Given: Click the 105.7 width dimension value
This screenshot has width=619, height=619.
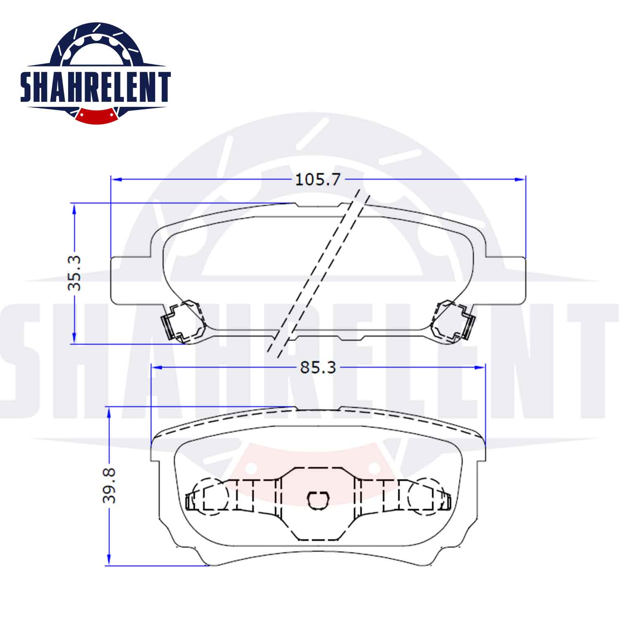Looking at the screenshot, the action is tap(318, 180).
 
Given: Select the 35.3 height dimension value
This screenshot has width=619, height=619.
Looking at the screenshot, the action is tap(75, 273).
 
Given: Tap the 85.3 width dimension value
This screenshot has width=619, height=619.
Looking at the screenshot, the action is tap(318, 367).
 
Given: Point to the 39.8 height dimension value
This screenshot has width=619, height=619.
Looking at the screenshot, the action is tap(109, 485).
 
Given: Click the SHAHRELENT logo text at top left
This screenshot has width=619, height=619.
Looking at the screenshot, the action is tap(95, 87).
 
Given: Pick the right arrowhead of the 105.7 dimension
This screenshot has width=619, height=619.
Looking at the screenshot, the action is tap(520, 180).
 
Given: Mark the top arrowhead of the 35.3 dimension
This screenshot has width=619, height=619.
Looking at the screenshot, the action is tap(75, 208).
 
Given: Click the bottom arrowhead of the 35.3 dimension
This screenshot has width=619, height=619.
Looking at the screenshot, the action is tap(75, 338).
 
